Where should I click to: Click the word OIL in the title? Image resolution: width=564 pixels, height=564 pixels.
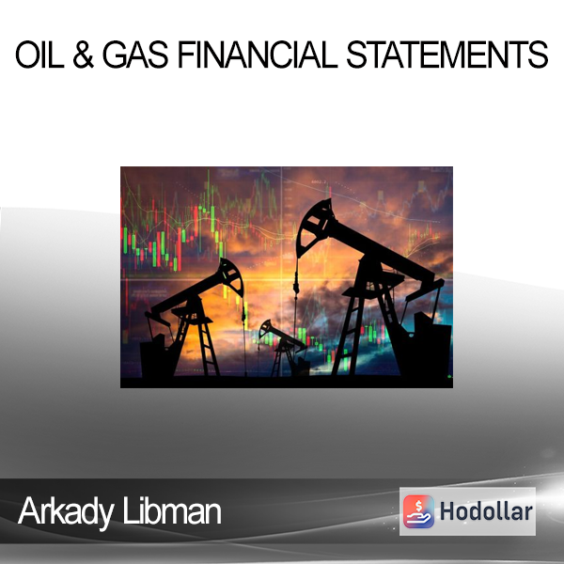click(39, 55)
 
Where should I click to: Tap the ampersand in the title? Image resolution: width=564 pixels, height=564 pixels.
click(84, 55)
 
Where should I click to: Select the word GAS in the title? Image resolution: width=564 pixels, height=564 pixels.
click(135, 55)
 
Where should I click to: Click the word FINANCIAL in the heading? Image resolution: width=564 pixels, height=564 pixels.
click(258, 55)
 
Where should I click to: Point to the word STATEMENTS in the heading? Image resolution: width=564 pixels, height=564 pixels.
click(447, 55)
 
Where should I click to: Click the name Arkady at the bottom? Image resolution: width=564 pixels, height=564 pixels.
click(66, 512)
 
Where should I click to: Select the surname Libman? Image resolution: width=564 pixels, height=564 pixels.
click(172, 510)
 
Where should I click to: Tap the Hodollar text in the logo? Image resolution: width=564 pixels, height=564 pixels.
click(486, 511)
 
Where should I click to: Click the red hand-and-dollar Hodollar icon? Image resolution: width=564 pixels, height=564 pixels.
click(418, 511)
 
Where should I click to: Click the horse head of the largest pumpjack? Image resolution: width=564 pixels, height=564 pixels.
click(314, 225)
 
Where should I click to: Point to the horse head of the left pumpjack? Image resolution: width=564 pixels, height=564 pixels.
click(232, 276)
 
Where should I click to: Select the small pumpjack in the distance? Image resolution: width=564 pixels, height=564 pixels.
click(282, 347)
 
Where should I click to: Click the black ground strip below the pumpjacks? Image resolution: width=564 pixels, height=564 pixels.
click(287, 382)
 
